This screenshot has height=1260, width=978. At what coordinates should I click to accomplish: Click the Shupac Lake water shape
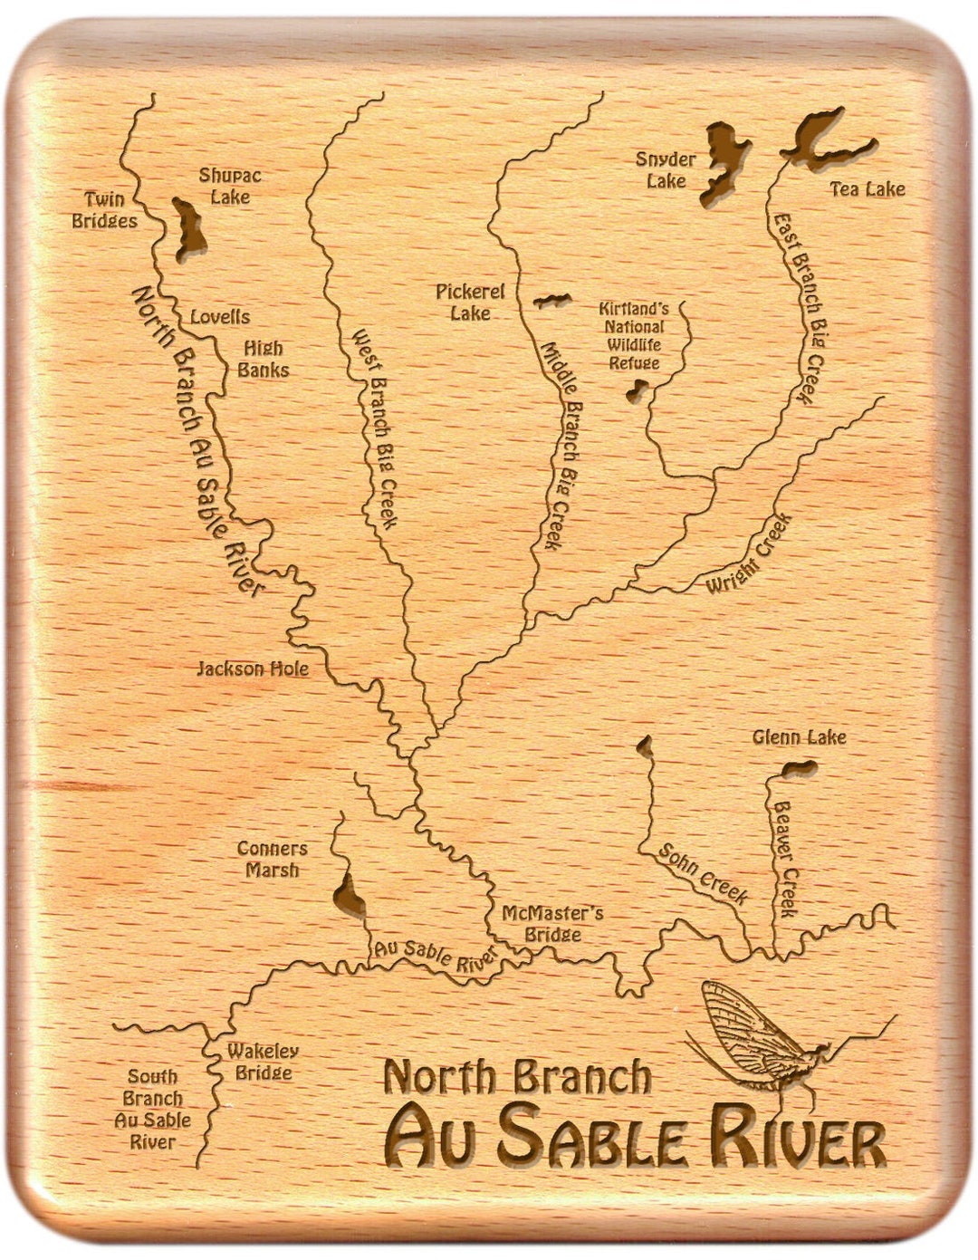pos(188,228)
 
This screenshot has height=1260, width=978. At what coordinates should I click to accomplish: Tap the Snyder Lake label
pos(666,170)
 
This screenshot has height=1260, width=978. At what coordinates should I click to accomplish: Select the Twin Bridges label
pos(105,210)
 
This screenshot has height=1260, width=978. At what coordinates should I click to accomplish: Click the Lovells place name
pos(219,317)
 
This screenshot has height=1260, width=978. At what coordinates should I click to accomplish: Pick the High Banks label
pos(264,359)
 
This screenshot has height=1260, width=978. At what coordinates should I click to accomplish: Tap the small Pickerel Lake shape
pos(551,301)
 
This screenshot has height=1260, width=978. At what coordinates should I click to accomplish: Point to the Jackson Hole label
pos(253,669)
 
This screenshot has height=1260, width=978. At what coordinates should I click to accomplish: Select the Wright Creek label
pos(750,554)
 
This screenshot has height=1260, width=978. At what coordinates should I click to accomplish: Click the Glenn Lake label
pos(799,737)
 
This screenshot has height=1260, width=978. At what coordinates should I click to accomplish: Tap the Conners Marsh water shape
pos(350,895)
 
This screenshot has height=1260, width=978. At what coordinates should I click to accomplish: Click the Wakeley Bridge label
pos(263,1062)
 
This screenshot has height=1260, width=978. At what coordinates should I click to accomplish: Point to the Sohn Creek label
pos(703,874)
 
